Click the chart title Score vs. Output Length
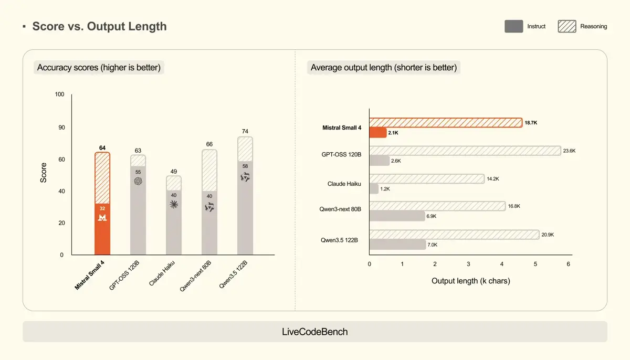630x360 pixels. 99,26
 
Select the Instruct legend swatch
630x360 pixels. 513,26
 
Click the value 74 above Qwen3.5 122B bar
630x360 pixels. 245,131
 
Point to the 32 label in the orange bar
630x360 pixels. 102,208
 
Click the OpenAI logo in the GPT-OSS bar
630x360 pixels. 138,181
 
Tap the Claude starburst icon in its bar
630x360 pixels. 174,205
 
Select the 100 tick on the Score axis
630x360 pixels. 59,94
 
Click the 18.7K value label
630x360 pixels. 531,122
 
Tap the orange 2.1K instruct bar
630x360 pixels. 378,133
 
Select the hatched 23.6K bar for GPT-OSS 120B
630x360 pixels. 465,151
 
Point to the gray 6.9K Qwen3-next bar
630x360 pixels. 397,216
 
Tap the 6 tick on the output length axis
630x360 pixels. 569,264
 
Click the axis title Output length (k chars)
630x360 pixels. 470,281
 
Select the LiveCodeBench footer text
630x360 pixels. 315,332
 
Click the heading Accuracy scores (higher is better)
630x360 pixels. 99,68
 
